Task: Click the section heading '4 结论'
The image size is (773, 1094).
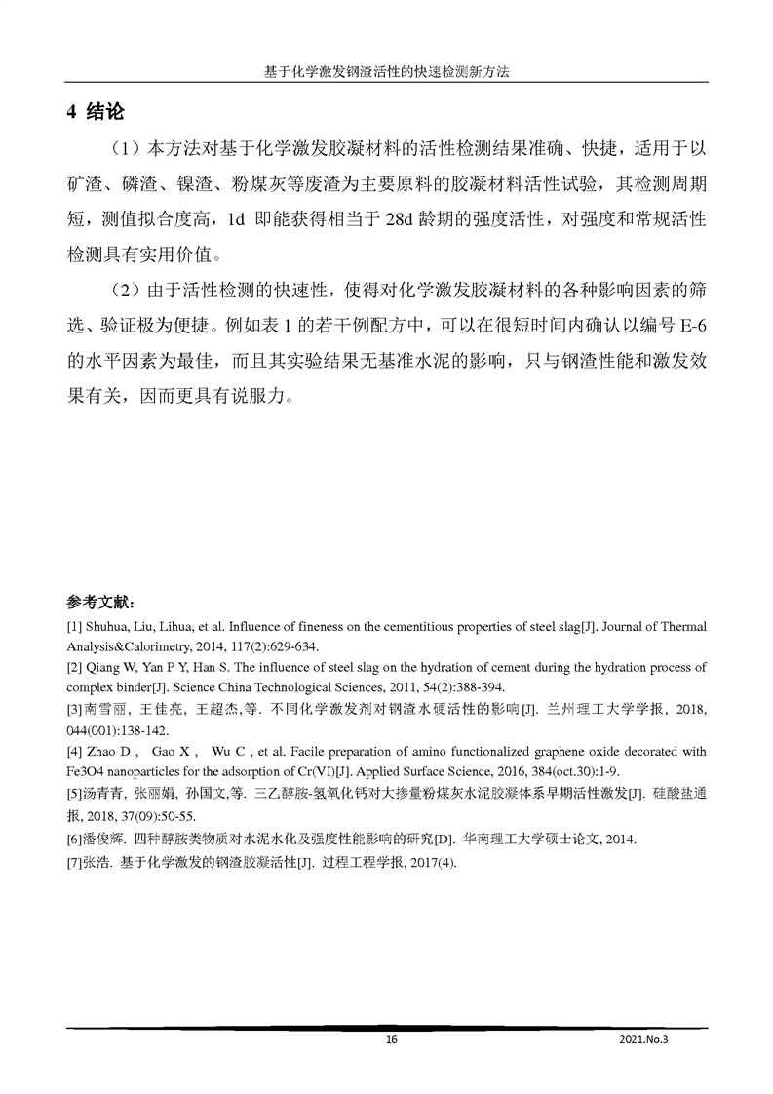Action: pyautogui.click(x=96, y=112)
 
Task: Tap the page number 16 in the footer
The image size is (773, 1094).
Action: pyautogui.click(x=391, y=1040)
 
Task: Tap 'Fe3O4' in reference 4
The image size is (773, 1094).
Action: pyautogui.click(x=83, y=770)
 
